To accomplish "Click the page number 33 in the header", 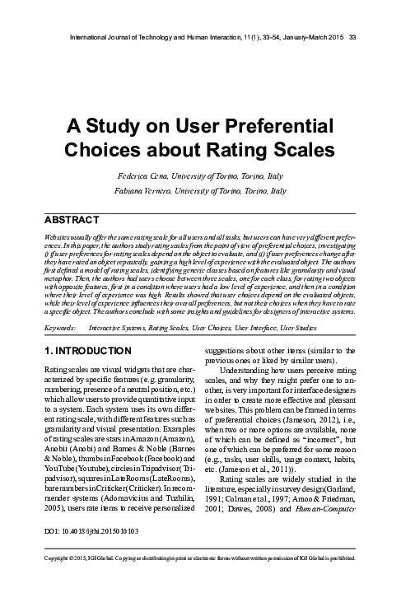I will coord(352,37).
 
